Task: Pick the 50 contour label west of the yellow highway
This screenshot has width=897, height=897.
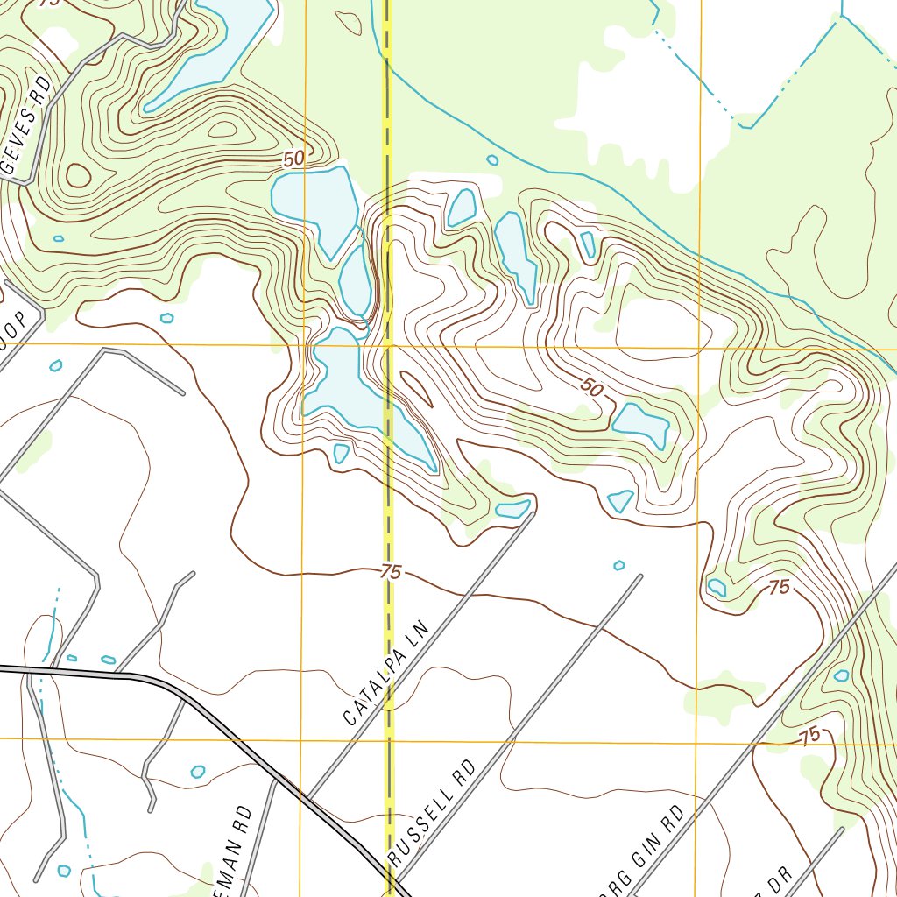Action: coord(294,159)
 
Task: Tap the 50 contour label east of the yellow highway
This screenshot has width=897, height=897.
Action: coord(592,387)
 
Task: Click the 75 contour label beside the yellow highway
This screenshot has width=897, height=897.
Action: coord(391,573)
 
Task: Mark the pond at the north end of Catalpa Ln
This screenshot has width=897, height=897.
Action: coord(512,509)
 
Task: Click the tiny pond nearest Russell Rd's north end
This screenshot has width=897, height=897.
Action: coord(619,565)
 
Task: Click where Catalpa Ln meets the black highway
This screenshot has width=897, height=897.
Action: coord(307,798)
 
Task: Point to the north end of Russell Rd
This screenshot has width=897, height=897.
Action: coord(641,576)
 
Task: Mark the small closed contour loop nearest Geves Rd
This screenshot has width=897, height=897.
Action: coord(79,176)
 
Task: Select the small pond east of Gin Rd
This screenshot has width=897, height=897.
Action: coord(841,675)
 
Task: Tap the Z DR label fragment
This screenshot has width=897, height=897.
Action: coord(776,879)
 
